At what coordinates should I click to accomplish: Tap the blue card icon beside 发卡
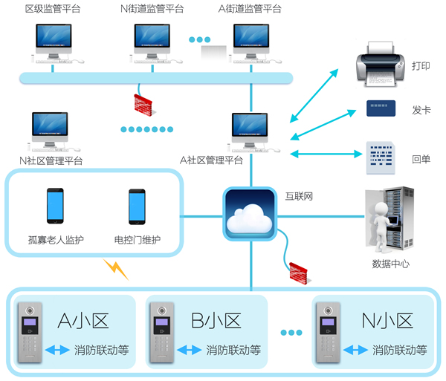tap(381, 108)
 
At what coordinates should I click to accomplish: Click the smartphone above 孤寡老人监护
tap(55, 206)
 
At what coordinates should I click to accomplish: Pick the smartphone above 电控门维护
tap(138, 206)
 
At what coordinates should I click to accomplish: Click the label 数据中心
tap(390, 264)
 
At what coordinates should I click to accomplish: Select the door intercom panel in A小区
tap(30, 333)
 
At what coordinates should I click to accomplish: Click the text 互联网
tap(299, 197)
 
